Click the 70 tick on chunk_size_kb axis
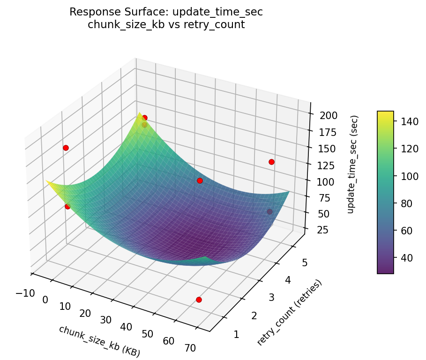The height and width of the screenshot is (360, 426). coord(190,348)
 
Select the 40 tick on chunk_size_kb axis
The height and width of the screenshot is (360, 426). coord(127,327)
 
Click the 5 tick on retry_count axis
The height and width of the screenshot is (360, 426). coord(306,262)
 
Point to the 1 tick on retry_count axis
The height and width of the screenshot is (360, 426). coord(236,334)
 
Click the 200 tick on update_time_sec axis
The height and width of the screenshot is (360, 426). coord(321,115)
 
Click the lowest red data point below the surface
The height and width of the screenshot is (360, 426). coord(199,300)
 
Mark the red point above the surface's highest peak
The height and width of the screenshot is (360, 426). coord(144,118)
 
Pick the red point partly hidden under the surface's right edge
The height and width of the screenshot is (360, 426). coord(269,212)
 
